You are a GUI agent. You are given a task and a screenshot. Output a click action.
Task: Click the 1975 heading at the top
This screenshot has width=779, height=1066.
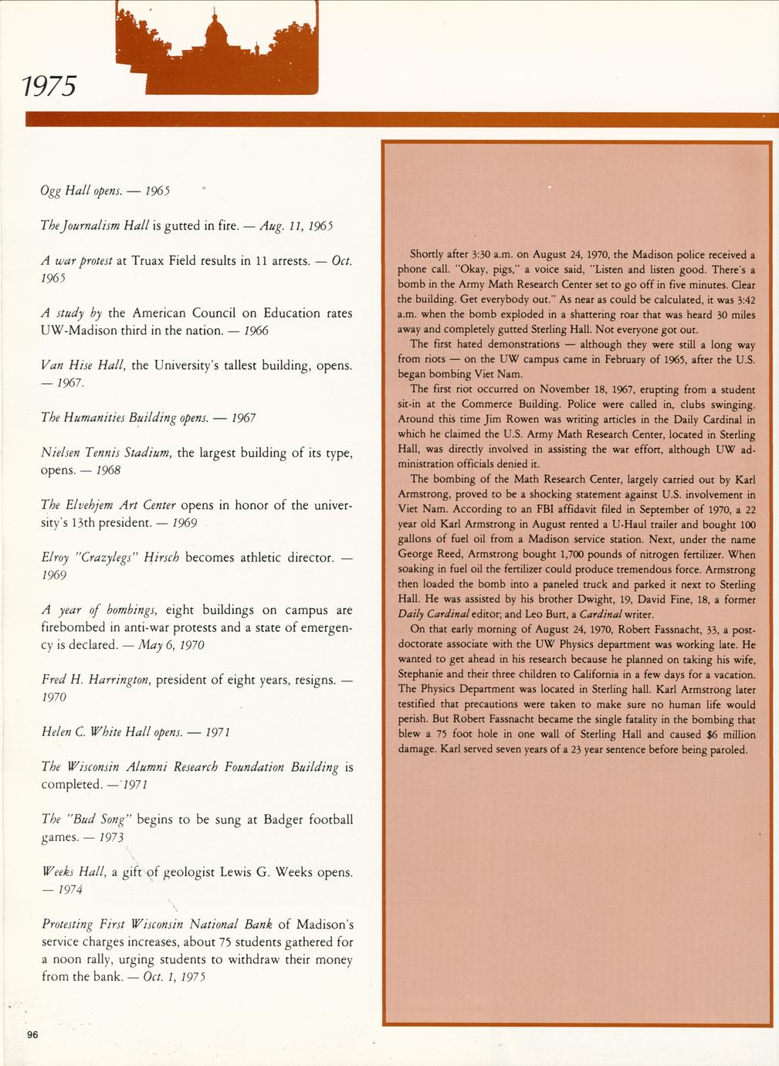[48, 86]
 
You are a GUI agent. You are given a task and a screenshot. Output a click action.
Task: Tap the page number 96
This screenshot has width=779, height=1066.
[32, 1036]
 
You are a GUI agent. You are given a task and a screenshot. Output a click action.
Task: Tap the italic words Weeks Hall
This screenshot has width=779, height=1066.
[73, 872]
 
